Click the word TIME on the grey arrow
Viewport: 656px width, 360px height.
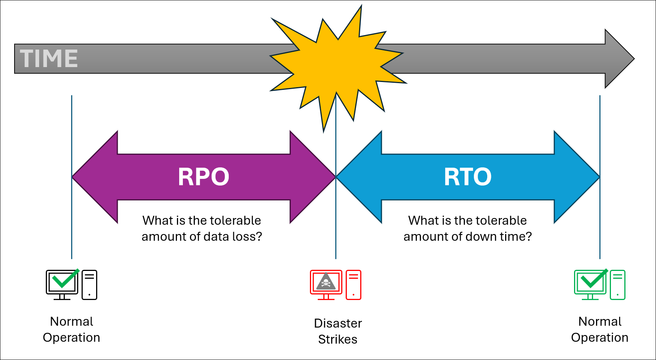coord(49,59)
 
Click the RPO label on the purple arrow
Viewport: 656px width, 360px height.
coord(203,177)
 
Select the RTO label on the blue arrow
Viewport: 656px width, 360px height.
coord(468,177)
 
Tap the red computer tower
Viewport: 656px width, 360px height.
coord(354,285)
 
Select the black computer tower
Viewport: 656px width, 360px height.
coord(89,285)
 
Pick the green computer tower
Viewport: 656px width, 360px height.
coord(618,285)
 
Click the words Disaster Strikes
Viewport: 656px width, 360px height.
coord(338,331)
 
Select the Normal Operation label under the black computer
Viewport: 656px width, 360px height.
coord(72,329)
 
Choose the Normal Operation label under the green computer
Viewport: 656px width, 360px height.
coord(600,329)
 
